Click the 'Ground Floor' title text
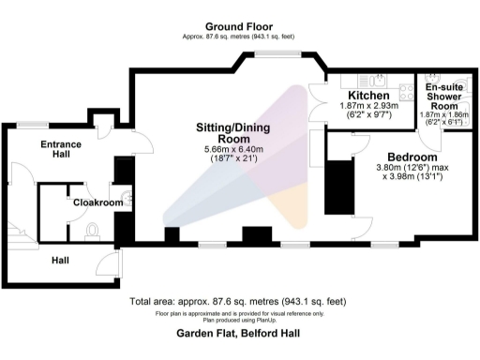tap(239, 26)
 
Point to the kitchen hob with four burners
tap(407, 91)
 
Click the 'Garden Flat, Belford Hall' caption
tap(239, 333)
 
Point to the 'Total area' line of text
tap(239, 302)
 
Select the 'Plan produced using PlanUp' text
tap(239, 319)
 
